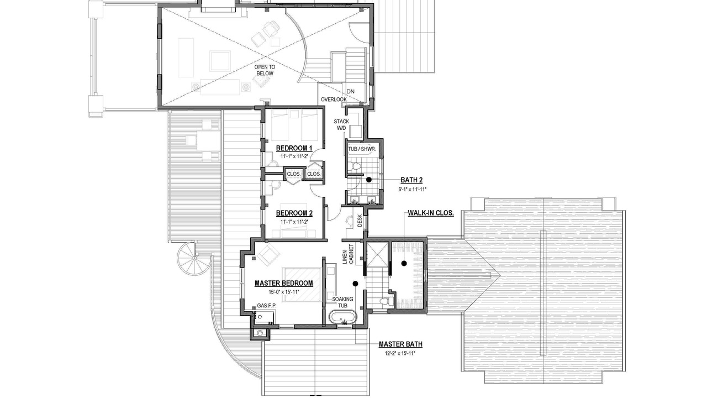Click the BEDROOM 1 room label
pos(294,148)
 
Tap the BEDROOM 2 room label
pos(294,213)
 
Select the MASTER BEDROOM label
pos(284,284)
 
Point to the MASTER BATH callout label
pos(400,344)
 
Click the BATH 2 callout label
pos(411,180)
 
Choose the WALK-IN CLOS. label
pos(431,213)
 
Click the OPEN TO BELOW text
pos(265,70)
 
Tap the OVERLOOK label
pos(334,99)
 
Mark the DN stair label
pos(350,92)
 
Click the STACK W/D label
pos(341,125)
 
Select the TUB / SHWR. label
pos(362,149)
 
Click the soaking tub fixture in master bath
pos(343,317)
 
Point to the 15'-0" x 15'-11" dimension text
pos(284,292)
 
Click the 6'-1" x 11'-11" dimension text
pos(412,190)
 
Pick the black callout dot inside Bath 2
pos(368,180)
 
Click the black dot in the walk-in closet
pos(404,263)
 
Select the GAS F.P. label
pos(267,306)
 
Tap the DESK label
pos(360,221)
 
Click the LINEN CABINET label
pos(348,254)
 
